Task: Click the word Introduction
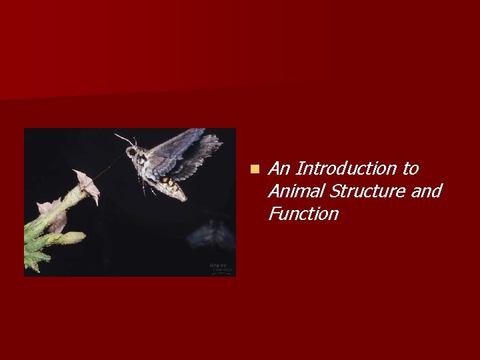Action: (343, 169)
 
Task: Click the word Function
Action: (303, 214)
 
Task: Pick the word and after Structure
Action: (426, 191)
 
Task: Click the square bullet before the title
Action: (254, 169)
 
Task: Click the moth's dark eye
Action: (132, 153)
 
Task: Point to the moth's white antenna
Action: (123, 138)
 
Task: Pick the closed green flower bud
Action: (67, 238)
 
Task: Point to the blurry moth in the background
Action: (210, 233)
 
